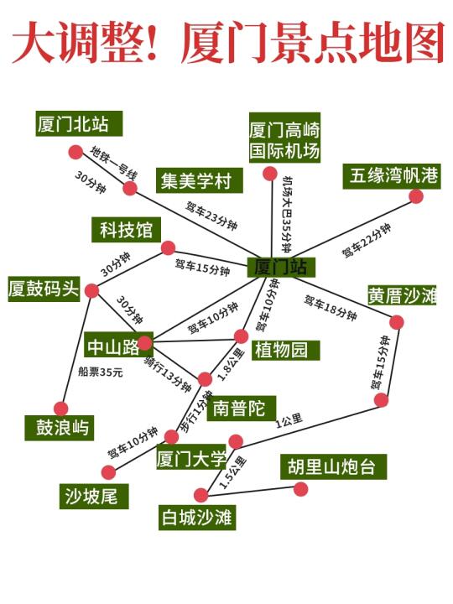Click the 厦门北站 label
(80, 123)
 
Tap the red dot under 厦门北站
(75, 152)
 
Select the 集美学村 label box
(199, 180)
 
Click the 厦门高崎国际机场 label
(284, 138)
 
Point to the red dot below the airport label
(270, 174)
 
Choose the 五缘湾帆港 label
(392, 176)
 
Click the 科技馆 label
(126, 230)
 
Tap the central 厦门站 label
(281, 267)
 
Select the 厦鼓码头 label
(44, 289)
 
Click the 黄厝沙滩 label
(402, 296)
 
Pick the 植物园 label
(285, 350)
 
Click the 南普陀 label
(241, 409)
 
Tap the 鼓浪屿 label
(60, 427)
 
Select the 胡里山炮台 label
(333, 467)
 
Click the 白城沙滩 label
(197, 518)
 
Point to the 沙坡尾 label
(94, 496)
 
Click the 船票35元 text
(100, 372)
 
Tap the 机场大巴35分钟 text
(287, 214)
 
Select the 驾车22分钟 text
(367, 241)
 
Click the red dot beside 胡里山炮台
(300, 490)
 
